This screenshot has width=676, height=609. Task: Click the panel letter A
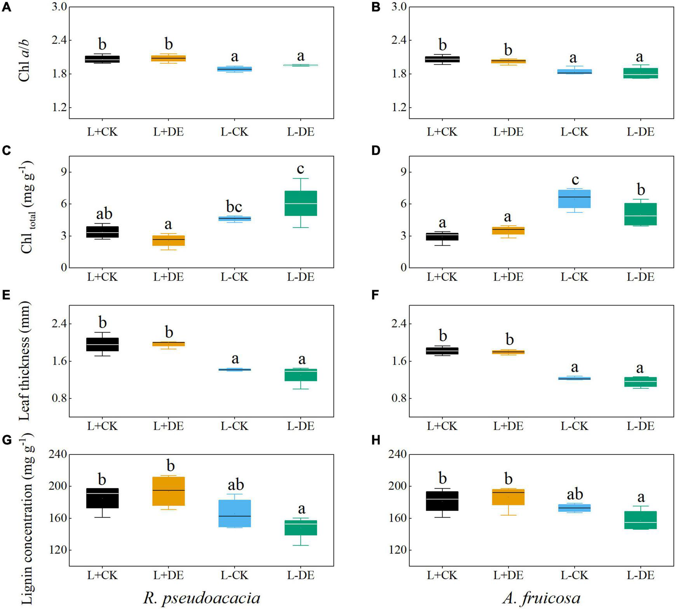7,7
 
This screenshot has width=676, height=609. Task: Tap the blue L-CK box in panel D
574,199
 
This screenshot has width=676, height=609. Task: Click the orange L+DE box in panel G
169,491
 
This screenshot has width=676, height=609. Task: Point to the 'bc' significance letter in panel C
235,206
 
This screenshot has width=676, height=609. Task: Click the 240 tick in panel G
57,454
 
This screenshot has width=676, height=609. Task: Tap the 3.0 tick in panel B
396,7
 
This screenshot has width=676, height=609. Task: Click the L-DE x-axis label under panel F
641,426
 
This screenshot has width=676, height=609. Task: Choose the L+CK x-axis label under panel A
102,132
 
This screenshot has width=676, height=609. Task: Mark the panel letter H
376,440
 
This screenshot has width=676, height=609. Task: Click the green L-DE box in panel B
641,73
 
